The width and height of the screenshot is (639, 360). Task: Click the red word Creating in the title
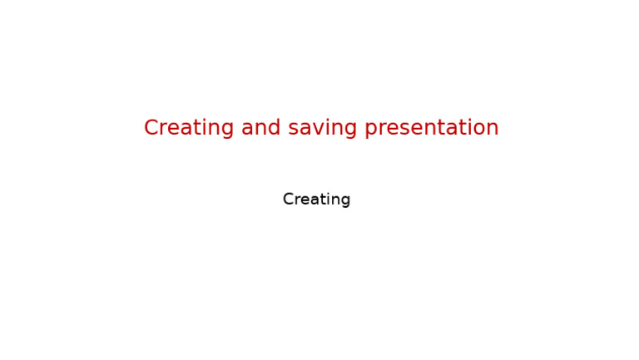point(189,128)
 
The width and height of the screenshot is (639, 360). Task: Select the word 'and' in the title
point(261,128)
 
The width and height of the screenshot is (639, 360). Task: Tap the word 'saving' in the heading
point(323,128)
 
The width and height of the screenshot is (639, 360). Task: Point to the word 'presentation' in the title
point(432,128)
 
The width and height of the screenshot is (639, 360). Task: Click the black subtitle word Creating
point(316,200)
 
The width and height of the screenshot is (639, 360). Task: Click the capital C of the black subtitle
point(288,200)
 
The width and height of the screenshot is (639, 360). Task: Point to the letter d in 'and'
point(275,128)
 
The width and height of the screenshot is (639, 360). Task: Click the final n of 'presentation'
point(493,128)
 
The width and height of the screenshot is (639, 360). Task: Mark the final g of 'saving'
point(351,130)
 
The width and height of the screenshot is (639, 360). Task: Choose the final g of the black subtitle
point(345,201)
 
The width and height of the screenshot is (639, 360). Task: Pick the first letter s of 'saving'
point(293,128)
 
